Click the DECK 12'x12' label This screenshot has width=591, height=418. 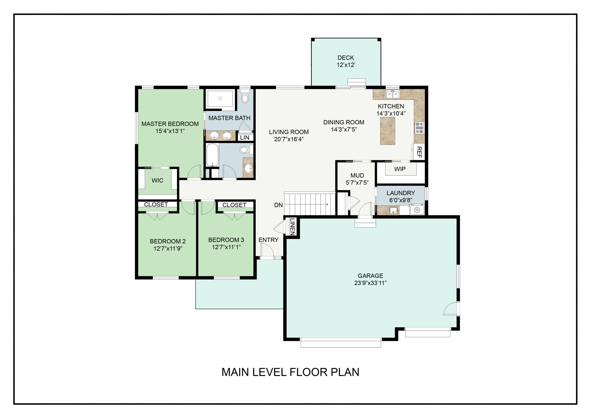[346, 61]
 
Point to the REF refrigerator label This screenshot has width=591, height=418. [419, 152]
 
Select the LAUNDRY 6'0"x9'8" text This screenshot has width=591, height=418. [401, 196]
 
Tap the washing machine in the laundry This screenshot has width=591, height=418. [417, 210]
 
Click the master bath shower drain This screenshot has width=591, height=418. [220, 98]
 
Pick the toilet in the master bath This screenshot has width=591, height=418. [245, 97]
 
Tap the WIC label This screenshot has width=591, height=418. [157, 181]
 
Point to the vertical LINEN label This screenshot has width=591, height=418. [292, 227]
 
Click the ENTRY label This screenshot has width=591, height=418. [269, 240]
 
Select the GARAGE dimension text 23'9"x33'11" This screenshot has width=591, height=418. [370, 283]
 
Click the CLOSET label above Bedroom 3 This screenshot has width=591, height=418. [234, 205]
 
